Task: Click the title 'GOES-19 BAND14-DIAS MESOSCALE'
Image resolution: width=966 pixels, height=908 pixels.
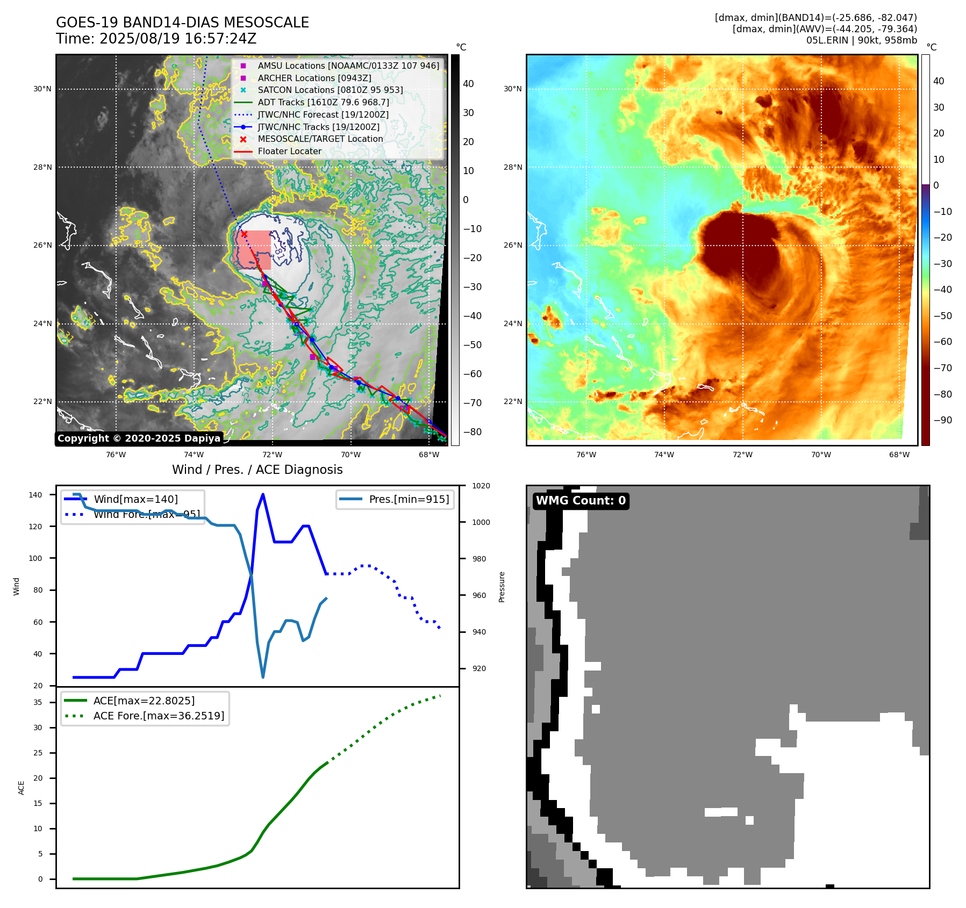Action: pos(182,23)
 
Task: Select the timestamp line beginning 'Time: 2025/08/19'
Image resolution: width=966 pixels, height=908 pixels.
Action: pos(156,39)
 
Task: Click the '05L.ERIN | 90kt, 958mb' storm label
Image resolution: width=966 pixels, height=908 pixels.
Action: pos(861,40)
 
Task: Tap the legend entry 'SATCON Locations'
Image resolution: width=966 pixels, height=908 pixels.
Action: pos(330,90)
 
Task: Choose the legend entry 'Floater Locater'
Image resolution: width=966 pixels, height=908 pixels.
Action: pos(289,151)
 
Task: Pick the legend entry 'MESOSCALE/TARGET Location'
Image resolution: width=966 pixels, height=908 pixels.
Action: pos(320,139)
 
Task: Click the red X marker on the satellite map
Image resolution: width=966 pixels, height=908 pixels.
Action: pos(244,234)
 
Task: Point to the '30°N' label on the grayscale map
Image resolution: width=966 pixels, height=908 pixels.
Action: pos(42,89)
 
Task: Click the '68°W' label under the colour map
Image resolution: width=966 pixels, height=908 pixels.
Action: pos(899,455)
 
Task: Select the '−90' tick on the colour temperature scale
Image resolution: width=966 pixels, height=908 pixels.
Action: pos(942,420)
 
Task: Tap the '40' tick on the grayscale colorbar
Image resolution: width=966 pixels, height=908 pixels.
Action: pos(468,83)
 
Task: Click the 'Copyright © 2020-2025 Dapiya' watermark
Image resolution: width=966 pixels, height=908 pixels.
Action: pos(139,438)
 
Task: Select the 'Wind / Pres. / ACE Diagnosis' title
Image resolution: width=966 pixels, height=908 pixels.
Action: pos(257,470)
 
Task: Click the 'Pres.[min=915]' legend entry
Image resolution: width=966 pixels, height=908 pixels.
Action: pos(409,499)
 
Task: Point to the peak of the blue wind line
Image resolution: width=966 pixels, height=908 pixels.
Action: pos(263,494)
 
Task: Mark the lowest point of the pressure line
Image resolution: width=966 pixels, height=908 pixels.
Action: pos(263,677)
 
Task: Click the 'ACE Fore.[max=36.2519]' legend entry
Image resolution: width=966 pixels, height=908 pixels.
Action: pos(159,716)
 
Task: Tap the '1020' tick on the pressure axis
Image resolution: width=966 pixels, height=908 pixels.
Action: pos(481,486)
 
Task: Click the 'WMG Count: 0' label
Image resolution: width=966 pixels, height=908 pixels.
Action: pos(581,501)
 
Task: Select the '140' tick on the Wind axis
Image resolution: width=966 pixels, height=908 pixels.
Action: pos(35,495)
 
